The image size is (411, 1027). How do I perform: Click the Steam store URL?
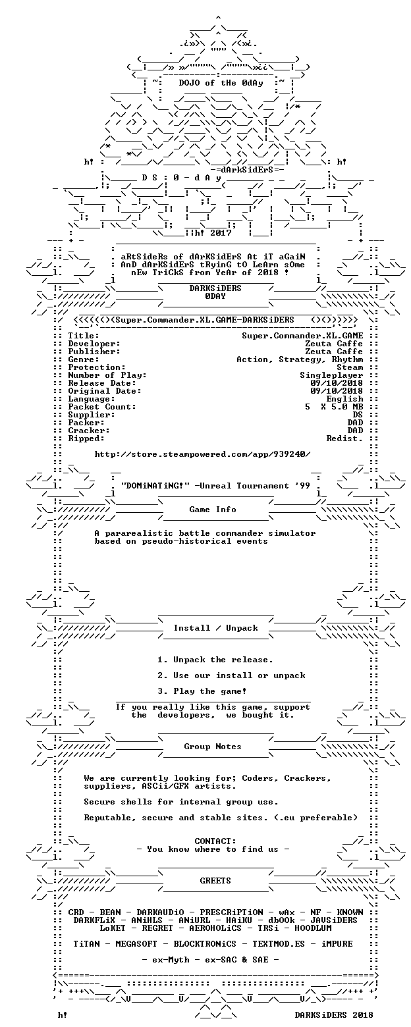tap(202, 454)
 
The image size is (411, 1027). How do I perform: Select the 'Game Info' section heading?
tap(213, 510)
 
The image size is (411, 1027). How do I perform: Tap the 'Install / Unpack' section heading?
tap(215, 628)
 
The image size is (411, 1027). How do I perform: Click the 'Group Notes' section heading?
tap(213, 747)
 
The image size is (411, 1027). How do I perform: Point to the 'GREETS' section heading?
tap(215, 881)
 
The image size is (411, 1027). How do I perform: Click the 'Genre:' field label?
tap(84, 359)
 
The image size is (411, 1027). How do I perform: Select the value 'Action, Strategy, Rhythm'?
tap(300, 359)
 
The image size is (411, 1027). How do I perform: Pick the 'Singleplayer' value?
tap(332, 375)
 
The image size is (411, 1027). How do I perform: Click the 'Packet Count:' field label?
tap(102, 407)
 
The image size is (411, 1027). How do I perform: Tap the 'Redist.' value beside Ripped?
tap(344, 438)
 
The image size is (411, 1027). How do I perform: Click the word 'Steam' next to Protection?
tap(350, 367)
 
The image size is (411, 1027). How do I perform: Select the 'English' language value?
tap(344, 399)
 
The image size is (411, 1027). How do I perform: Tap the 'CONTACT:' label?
tap(215, 841)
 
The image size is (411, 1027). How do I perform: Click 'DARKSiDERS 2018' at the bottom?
tap(334, 1015)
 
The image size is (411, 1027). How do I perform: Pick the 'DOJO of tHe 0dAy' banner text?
tap(221, 83)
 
